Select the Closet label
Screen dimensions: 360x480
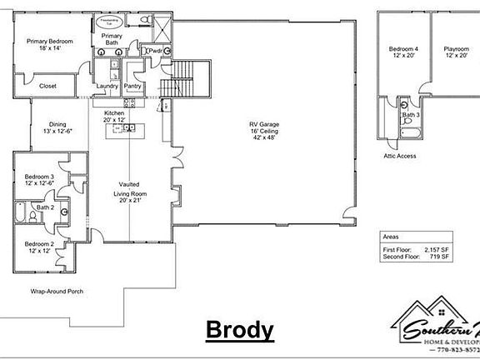point(47,86)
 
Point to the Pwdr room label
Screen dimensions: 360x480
point(156,51)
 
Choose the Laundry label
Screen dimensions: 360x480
point(107,86)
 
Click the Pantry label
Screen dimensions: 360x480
point(132,86)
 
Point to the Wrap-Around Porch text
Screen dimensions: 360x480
point(58,292)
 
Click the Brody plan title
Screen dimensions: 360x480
point(240,331)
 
